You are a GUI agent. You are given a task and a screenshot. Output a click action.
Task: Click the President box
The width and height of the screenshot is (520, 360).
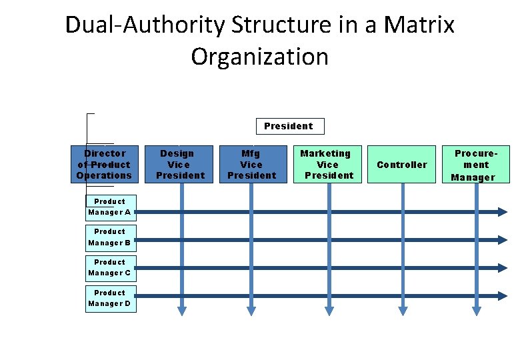288,126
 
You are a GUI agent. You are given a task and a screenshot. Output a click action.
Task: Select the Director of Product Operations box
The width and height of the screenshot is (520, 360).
104,164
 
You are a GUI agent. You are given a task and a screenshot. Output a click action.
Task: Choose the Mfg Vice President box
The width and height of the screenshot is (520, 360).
251,164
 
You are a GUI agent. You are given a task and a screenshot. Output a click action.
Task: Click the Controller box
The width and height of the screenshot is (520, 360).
402,164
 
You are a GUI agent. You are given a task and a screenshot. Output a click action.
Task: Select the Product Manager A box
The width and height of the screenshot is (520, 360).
110,207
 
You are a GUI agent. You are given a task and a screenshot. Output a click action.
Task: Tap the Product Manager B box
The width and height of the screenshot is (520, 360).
110,237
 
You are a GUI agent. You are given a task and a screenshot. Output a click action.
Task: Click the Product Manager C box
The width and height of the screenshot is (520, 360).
110,268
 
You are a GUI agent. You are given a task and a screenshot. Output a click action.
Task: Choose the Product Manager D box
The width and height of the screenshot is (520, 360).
110,299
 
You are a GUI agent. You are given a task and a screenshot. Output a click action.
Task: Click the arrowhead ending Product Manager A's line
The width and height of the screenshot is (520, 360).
502,212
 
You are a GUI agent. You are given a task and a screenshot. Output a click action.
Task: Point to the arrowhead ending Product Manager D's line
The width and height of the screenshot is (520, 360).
502,296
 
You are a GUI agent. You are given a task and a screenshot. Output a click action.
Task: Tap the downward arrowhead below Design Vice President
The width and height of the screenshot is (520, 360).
181,309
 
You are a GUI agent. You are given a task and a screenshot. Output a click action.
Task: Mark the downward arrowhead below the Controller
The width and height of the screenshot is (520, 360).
403,309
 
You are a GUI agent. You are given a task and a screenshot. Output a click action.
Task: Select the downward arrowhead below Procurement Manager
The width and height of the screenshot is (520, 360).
476,309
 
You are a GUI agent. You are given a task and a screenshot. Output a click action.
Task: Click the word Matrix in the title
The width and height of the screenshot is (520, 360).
420,25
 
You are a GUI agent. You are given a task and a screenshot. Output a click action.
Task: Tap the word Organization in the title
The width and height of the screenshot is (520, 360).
260,56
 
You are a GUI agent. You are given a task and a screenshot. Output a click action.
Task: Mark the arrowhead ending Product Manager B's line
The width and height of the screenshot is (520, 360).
502,240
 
